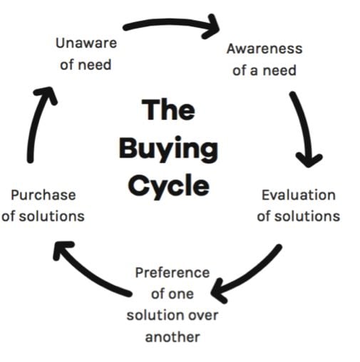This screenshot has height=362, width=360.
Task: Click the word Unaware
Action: [86, 43]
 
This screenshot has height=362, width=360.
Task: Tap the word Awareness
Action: [264, 48]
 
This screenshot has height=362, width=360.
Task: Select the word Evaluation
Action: [299, 195]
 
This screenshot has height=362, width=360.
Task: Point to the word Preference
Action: [173, 273]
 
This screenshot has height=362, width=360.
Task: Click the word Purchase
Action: [43, 195]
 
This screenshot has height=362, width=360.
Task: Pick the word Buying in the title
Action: [168, 149]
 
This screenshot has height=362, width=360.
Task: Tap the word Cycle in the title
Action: [169, 186]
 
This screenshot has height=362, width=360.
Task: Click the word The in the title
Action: [168, 109]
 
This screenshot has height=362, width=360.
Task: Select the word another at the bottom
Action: [173, 337]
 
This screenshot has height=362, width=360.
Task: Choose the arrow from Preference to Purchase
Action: [88, 273]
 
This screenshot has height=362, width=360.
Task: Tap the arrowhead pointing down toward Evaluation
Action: [309, 160]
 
